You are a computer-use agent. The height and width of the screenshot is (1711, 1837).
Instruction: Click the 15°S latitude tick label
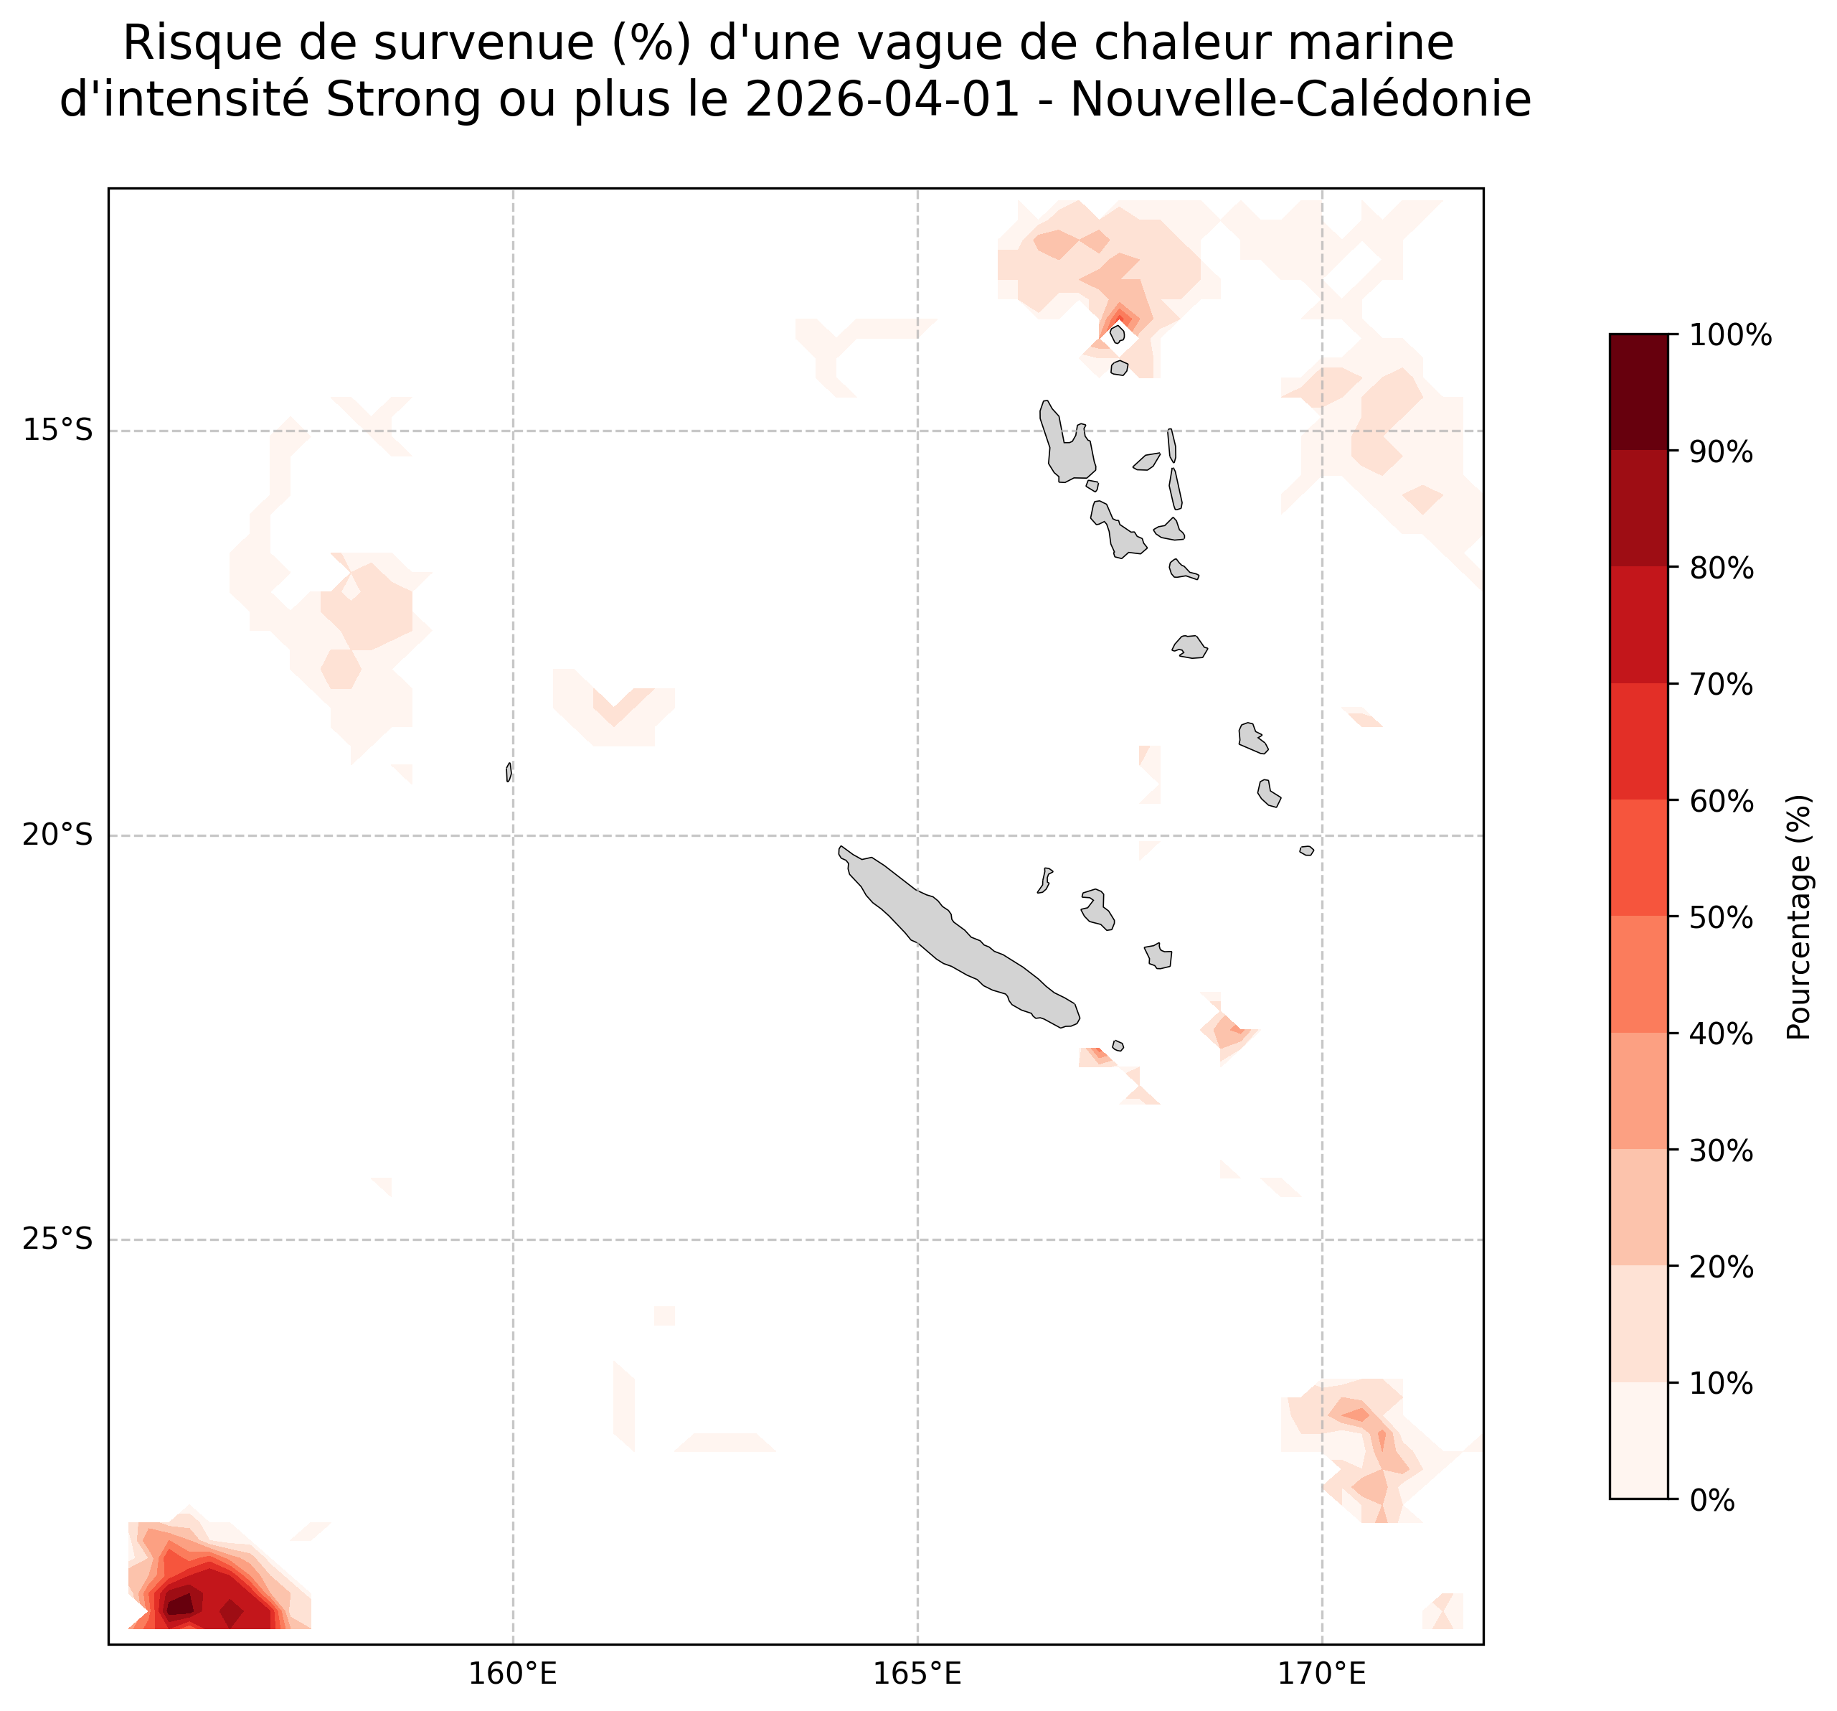click(x=57, y=431)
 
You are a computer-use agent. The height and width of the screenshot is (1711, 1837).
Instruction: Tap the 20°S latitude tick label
click(x=57, y=835)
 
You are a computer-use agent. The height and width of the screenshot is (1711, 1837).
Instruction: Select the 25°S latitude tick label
click(x=57, y=1239)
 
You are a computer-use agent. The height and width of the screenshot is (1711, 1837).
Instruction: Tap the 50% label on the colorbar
click(x=1722, y=918)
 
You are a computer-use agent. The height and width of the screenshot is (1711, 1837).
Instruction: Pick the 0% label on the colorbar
click(x=1712, y=1501)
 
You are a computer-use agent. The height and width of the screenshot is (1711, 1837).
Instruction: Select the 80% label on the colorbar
click(x=1722, y=568)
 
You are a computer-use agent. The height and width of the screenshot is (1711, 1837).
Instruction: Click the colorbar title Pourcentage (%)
click(x=1798, y=917)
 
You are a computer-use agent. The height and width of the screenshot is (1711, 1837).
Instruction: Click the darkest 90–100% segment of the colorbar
click(x=1638, y=393)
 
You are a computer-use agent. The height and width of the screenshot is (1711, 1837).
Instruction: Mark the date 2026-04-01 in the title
click(x=882, y=100)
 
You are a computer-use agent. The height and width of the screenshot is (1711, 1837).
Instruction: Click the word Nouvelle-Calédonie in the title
click(x=1301, y=100)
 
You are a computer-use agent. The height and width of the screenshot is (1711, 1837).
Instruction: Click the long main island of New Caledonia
click(x=961, y=938)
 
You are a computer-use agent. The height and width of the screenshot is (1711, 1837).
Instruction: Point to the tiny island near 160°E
click(x=509, y=772)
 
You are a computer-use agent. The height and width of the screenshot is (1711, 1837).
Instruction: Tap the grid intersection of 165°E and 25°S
click(x=917, y=1239)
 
